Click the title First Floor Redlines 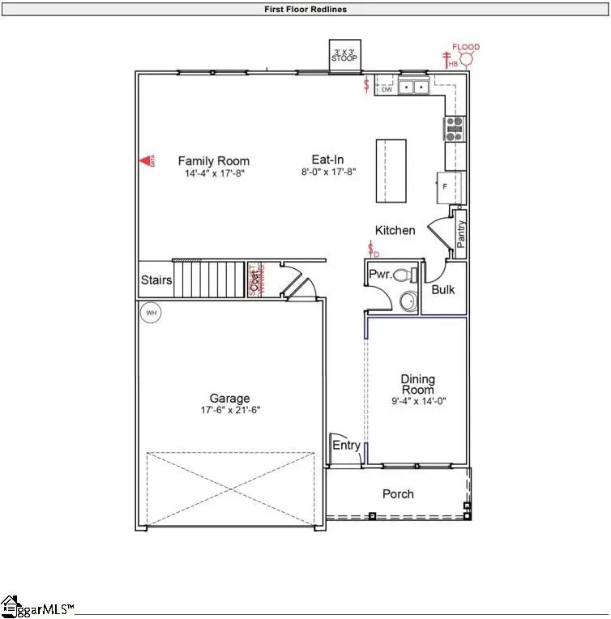click(305, 10)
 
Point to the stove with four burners click(454, 128)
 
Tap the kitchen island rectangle click(390, 171)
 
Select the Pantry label click(461, 233)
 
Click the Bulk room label click(443, 289)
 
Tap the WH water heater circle click(150, 312)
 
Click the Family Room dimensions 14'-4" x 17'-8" click(214, 173)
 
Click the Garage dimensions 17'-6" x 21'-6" click(229, 410)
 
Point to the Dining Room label click(418, 384)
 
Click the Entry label click(346, 446)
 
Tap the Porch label click(398, 493)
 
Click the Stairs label click(156, 280)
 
